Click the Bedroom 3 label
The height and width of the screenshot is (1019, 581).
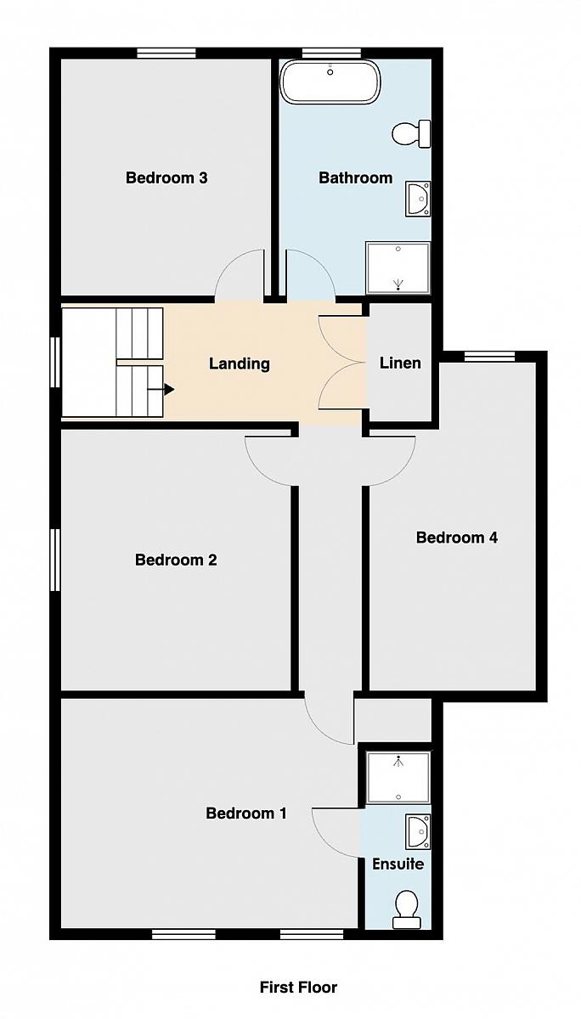pyautogui.click(x=166, y=177)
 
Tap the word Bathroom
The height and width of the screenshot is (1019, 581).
pyautogui.click(x=355, y=177)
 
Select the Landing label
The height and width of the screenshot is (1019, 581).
pyautogui.click(x=240, y=364)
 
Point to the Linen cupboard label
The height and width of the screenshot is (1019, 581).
pyautogui.click(x=400, y=363)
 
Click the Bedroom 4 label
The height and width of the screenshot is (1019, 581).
pyautogui.click(x=457, y=538)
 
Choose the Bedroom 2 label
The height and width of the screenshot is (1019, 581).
pyautogui.click(x=176, y=560)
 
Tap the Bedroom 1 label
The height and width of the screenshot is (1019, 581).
pyautogui.click(x=246, y=813)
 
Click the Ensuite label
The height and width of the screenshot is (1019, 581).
pyautogui.click(x=398, y=864)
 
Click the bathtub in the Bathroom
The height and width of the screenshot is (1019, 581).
pyautogui.click(x=330, y=82)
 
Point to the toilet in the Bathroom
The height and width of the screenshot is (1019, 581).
pyautogui.click(x=411, y=134)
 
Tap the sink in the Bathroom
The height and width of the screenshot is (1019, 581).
pyautogui.click(x=418, y=199)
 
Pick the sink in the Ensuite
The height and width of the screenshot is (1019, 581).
pyautogui.click(x=418, y=831)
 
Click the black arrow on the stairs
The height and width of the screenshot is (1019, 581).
pyautogui.click(x=161, y=390)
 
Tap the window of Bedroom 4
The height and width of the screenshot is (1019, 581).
pyautogui.click(x=489, y=357)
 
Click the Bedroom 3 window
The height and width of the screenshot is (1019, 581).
pyautogui.click(x=167, y=53)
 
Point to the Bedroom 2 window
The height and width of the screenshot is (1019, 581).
pyautogui.click(x=55, y=559)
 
